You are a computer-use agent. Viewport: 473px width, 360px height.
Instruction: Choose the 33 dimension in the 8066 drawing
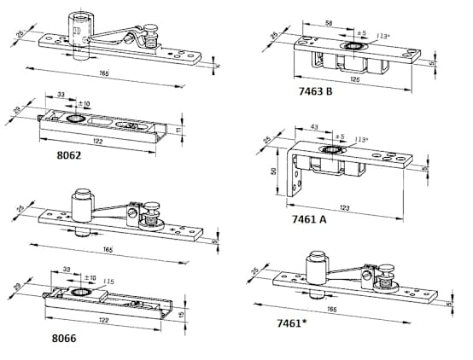tap(67, 271)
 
